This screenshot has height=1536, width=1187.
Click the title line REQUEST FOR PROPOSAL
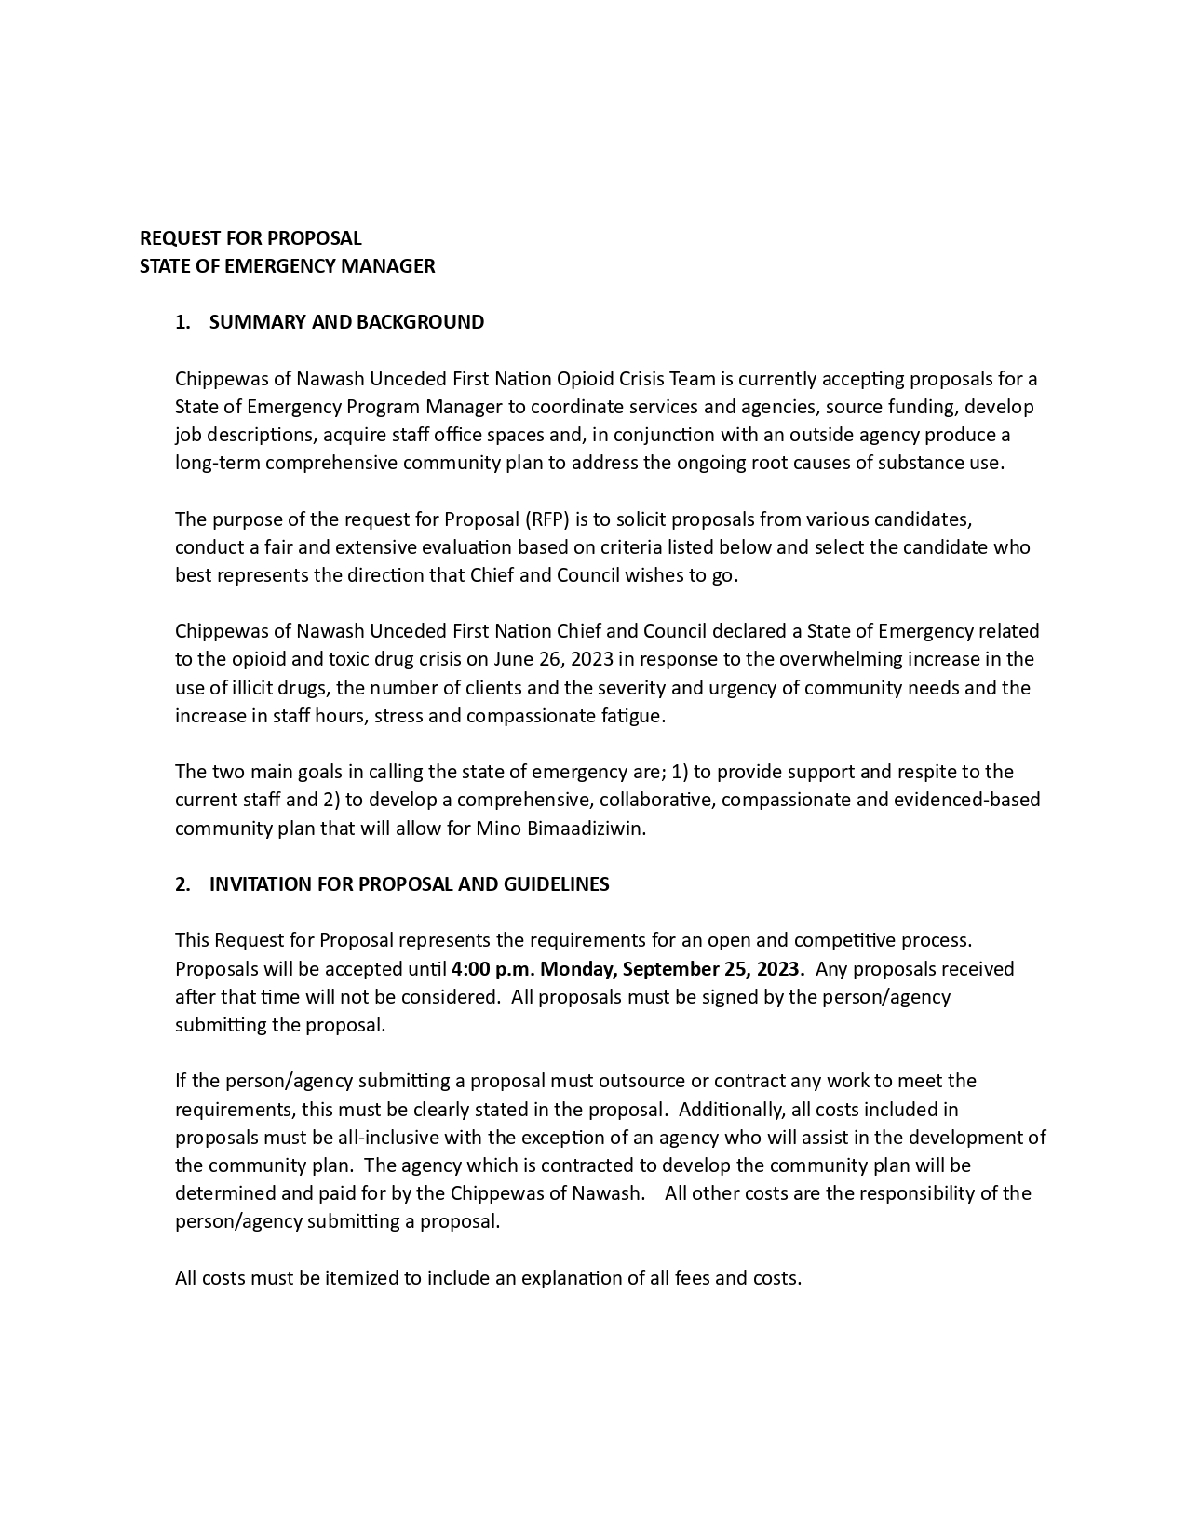[x=250, y=238]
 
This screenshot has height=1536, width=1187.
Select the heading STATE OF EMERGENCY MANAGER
[x=287, y=266]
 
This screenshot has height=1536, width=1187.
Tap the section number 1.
[x=182, y=322]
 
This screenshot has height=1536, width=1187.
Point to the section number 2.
[x=182, y=884]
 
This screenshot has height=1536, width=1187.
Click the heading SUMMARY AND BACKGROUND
[x=346, y=322]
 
